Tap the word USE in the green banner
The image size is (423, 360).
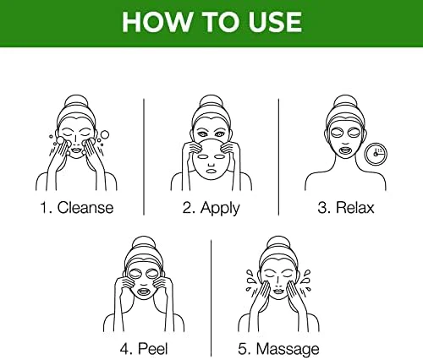coord(275,22)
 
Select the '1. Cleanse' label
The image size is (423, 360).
coord(77,208)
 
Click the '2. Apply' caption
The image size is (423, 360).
coord(211,209)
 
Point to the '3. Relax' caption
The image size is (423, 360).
coord(346,208)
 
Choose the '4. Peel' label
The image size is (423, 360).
coord(144,349)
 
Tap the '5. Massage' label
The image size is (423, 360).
coord(278,350)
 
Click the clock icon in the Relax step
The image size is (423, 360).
coord(376,154)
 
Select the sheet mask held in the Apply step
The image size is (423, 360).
coord(211,160)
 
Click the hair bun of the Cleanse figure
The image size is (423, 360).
coord(76,101)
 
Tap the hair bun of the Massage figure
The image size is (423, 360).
coord(278,243)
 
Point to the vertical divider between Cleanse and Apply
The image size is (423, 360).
coord(144,157)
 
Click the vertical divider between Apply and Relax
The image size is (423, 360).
coord(278,157)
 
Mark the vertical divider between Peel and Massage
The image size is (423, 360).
coord(211,298)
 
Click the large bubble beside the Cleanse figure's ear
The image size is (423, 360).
coord(105,134)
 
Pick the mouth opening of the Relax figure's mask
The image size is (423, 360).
coord(345,150)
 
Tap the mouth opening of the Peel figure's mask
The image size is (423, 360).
coord(144,291)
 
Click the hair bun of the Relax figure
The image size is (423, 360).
coord(345,101)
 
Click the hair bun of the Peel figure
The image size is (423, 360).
coord(144,243)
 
